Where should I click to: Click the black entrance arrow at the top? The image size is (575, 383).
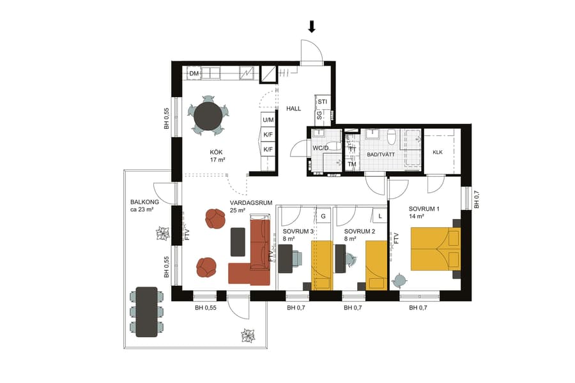pos(312,26)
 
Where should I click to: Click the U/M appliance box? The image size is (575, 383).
pos(268,120)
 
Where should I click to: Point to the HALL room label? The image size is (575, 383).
pos(293,109)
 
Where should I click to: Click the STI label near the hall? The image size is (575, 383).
pos(323,101)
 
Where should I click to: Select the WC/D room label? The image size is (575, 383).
pos(320,148)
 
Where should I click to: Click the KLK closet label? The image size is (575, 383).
pos(438,152)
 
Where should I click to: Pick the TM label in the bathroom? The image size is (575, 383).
pos(351,164)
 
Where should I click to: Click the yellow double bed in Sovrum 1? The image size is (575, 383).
pos(435,248)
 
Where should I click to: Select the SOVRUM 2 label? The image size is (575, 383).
pos(358,231)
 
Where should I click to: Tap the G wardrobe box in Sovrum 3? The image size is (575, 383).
pos(323,216)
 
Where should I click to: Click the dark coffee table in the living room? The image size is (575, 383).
pos(238,240)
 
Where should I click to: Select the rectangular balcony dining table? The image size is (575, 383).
pos(146,311)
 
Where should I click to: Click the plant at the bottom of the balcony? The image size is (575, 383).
pos(247,335)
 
